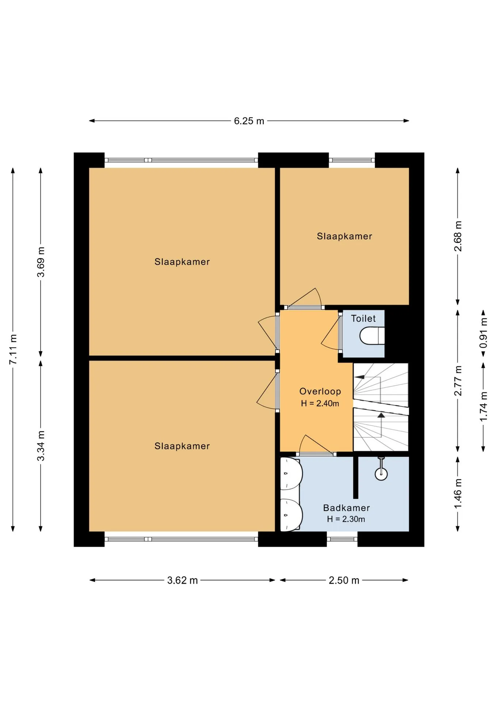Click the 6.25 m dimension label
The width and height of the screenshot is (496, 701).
pyautogui.click(x=249, y=121)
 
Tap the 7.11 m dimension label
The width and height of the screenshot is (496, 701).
pyautogui.click(x=13, y=349)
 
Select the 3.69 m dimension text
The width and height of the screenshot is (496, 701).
pyautogui.click(x=41, y=262)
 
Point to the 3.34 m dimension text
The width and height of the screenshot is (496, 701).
pyautogui.click(x=41, y=445)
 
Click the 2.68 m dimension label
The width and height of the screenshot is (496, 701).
pyautogui.click(x=458, y=236)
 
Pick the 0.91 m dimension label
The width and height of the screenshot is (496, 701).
pyautogui.click(x=484, y=333)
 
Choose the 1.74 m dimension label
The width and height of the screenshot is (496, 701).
pyautogui.click(x=484, y=406)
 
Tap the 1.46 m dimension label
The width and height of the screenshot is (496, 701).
pyautogui.click(x=458, y=493)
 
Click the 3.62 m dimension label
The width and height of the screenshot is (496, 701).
pyautogui.click(x=182, y=580)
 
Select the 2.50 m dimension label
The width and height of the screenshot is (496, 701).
pyautogui.click(x=344, y=580)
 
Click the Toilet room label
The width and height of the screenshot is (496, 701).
pyautogui.click(x=363, y=318)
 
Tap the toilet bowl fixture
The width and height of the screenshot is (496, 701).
pyautogui.click(x=372, y=336)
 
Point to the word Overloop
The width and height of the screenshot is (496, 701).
pyautogui.click(x=320, y=391)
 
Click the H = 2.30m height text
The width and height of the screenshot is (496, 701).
pyautogui.click(x=346, y=519)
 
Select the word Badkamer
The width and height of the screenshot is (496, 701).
pyautogui.click(x=347, y=508)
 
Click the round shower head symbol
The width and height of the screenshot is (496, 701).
pyautogui.click(x=381, y=474)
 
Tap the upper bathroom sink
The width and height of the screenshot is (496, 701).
pyautogui.click(x=291, y=473)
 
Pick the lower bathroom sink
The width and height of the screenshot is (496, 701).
pyautogui.click(x=291, y=515)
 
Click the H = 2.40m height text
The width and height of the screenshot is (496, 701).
pyautogui.click(x=320, y=403)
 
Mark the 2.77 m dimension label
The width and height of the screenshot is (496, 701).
pyautogui.click(x=458, y=380)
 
